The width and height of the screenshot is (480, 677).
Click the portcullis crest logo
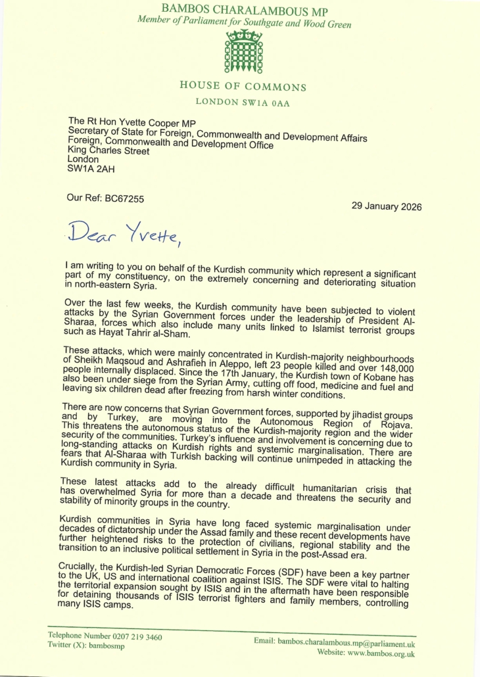click(244, 51)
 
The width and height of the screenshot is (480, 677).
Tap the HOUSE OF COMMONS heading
click(243, 87)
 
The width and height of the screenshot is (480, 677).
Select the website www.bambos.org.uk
click(374, 653)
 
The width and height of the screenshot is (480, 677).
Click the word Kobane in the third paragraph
click(323, 379)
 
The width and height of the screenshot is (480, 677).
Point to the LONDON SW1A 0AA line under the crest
click(243, 103)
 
